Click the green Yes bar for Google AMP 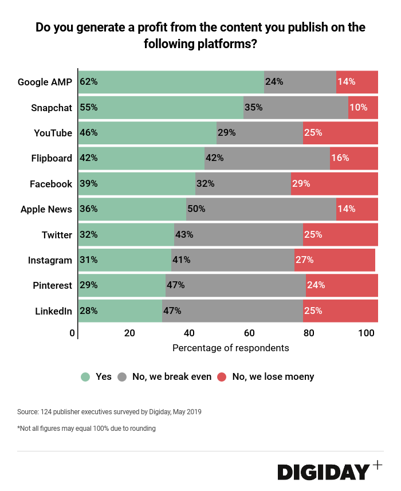172,82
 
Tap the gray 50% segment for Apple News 261,209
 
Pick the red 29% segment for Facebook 335,184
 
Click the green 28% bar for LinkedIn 120,311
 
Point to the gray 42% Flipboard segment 267,158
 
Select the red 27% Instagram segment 335,260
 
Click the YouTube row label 53,133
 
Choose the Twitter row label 57,235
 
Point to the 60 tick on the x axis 248,333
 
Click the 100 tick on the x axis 366,333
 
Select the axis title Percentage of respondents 230,348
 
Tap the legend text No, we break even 172,377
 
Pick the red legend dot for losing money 222,377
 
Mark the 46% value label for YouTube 89,133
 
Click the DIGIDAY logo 324,472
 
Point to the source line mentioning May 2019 109,411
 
